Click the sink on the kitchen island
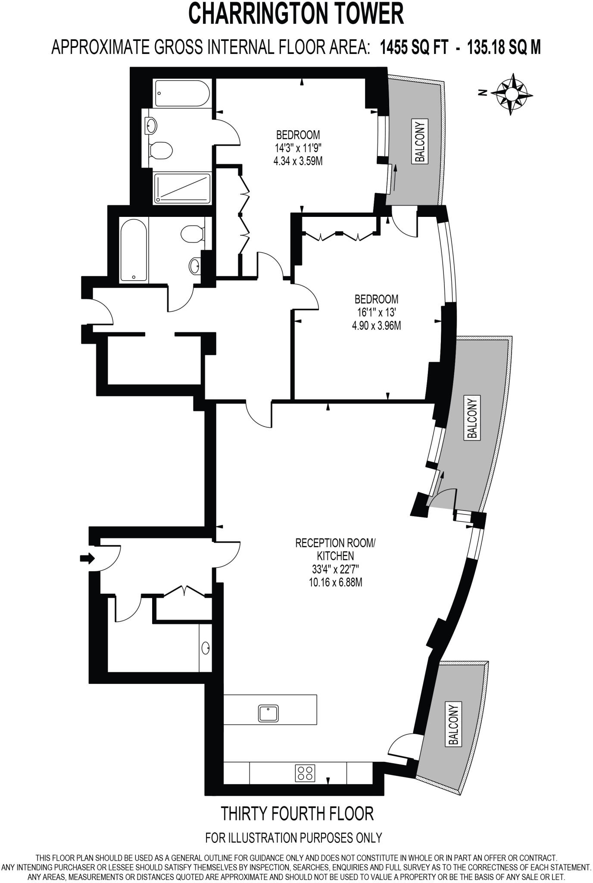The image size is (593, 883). coord(269,713)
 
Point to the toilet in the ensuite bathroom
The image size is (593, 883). coord(162,150)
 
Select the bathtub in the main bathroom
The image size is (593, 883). coord(134,250)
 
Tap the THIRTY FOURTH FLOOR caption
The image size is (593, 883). coord(297,814)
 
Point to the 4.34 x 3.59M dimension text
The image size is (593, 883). coord(299,162)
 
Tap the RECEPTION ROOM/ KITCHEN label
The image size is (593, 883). coord(335,548)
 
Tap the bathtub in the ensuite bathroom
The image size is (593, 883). coord(183,93)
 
